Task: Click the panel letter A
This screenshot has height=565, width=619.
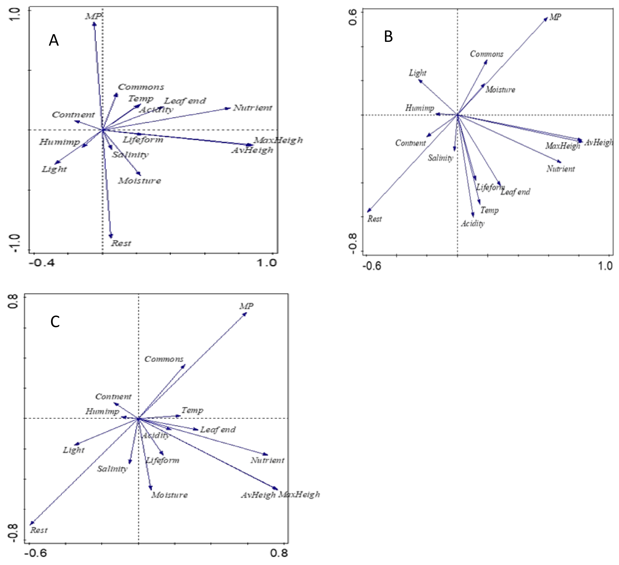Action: tap(54, 40)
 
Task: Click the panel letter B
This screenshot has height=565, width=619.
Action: tap(388, 37)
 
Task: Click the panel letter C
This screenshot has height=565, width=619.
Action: tap(55, 322)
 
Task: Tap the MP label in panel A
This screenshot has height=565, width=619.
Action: tap(92, 16)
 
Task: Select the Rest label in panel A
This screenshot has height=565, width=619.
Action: tap(121, 243)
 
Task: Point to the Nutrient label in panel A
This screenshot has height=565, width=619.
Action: tap(253, 108)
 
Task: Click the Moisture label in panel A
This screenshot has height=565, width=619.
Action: tap(140, 181)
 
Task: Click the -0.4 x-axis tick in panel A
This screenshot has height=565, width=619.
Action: tap(42, 263)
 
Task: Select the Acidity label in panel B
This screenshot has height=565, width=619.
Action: tap(472, 223)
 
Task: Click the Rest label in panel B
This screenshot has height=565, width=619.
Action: tap(375, 219)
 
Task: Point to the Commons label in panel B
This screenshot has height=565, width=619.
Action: tap(487, 54)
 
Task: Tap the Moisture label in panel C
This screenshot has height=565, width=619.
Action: tap(169, 495)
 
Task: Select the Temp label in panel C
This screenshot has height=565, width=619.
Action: tap(192, 410)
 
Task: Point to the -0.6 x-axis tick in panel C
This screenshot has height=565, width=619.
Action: tap(36, 553)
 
